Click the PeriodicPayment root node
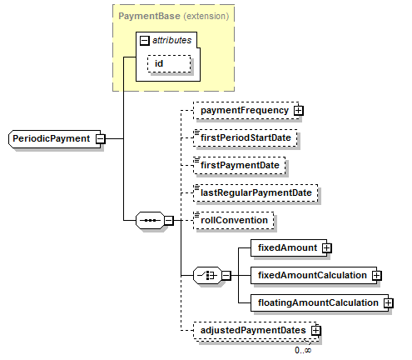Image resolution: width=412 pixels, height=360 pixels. pos(55,138)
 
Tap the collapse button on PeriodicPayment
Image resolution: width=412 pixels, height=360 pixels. pos(101,138)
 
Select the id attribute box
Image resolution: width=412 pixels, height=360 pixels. pos(169,64)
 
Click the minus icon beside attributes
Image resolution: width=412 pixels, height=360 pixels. pos(144,41)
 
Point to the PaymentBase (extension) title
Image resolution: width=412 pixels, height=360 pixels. pos(174,16)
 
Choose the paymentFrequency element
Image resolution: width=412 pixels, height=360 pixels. pos(246,111)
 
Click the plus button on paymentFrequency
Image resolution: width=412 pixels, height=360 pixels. pos(299,111)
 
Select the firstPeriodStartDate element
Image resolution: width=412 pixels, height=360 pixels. pos(246,137)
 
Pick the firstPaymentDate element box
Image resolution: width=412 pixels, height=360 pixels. pos(240,165)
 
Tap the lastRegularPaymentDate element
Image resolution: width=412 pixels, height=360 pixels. pos(256,192)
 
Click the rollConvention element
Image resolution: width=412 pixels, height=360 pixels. pos(233,220)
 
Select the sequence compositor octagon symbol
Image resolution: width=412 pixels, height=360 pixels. pos(150,221)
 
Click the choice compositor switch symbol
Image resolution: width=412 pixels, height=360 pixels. pos(207,276)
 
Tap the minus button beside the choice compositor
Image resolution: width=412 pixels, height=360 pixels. pos(226,276)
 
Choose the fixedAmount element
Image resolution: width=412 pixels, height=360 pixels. pos(289,247)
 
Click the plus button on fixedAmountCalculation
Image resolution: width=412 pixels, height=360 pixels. pos(376,276)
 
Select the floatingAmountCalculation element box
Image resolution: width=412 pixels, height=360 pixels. pos(320,302)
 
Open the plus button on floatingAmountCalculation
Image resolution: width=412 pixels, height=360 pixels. pos(389,302)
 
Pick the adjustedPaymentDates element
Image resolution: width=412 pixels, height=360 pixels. pos(256,330)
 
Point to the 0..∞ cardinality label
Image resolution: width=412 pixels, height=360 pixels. pos(303,350)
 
